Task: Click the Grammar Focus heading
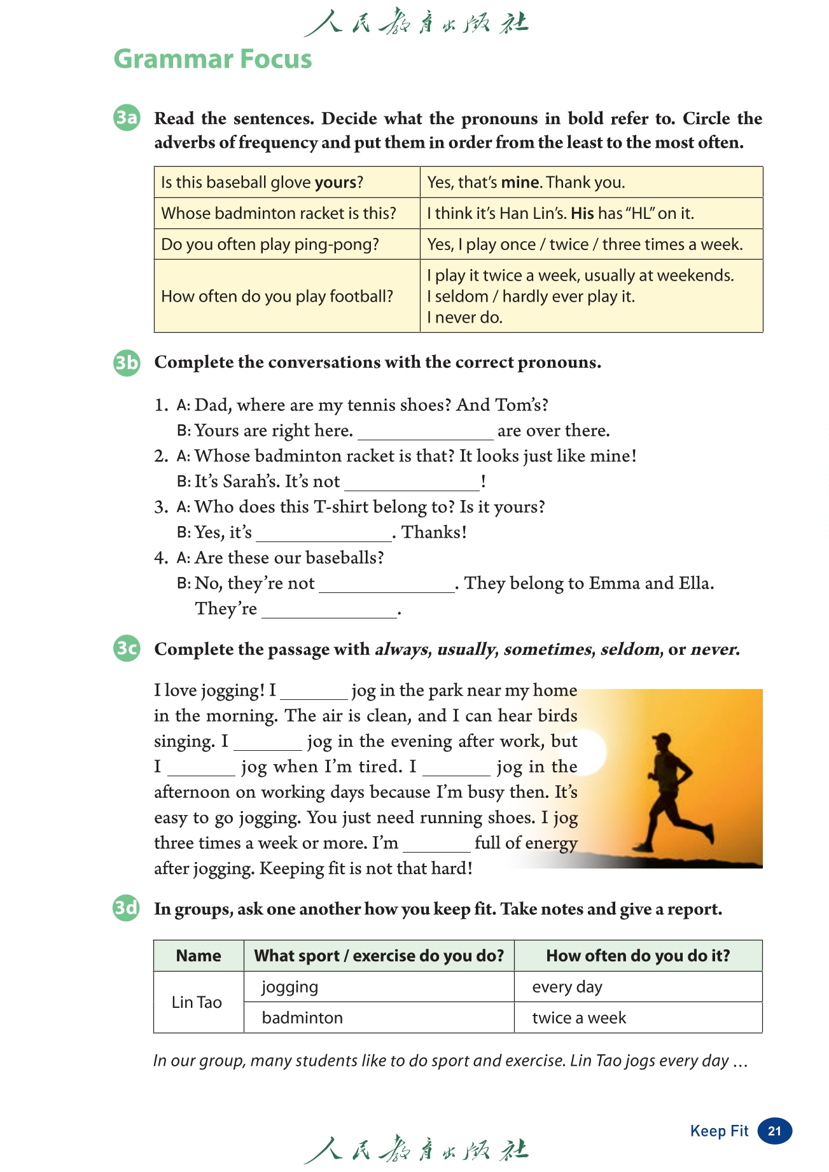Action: (x=212, y=59)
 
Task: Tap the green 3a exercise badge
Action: (x=127, y=118)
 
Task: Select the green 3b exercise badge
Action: (x=127, y=362)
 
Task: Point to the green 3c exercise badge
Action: (x=127, y=648)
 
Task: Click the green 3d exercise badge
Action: (x=127, y=908)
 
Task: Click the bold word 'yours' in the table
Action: (x=335, y=183)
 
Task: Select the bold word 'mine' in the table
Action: (x=520, y=183)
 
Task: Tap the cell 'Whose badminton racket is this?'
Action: (x=279, y=213)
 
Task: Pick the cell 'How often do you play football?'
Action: (x=277, y=296)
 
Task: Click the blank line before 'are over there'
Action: (x=425, y=433)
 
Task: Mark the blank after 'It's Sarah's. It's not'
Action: (x=412, y=484)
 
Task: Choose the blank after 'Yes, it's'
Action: (x=324, y=534)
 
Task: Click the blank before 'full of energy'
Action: (x=436, y=845)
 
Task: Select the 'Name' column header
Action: (x=199, y=956)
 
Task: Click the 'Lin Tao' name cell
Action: (x=197, y=1002)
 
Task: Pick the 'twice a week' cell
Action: (x=579, y=1018)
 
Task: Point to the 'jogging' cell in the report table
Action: (x=289, y=987)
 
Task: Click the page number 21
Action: (x=774, y=1131)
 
